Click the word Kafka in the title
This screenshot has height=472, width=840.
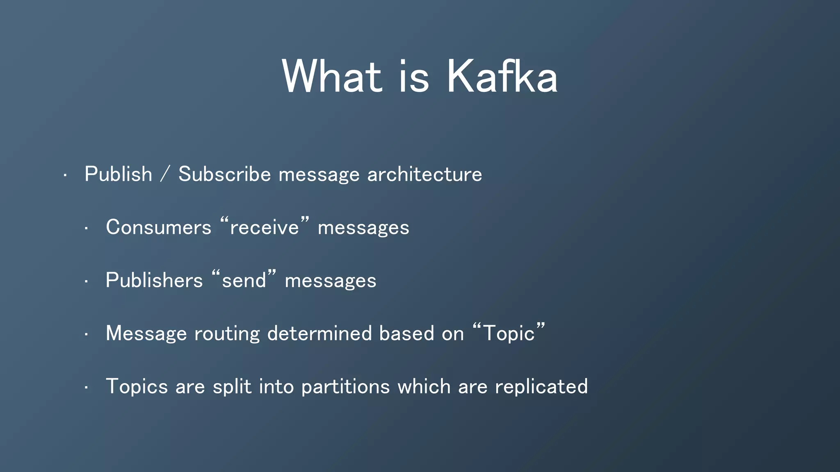pyautogui.click(x=502, y=77)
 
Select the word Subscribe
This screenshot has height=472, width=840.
pyautogui.click(x=225, y=174)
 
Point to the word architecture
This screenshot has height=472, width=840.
pyautogui.click(x=425, y=174)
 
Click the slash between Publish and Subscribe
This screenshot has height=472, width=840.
pyautogui.click(x=165, y=174)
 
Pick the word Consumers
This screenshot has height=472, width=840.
pyautogui.click(x=158, y=227)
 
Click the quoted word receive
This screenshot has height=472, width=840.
pyautogui.click(x=265, y=227)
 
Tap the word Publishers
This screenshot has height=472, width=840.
pyautogui.click(x=154, y=281)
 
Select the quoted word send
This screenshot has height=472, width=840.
pyautogui.click(x=244, y=281)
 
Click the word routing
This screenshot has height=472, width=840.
pyautogui.click(x=227, y=334)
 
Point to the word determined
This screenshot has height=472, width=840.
pyautogui.click(x=320, y=334)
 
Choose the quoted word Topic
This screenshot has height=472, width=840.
pyautogui.click(x=509, y=334)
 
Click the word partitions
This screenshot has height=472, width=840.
pyautogui.click(x=345, y=387)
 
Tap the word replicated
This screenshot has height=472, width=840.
pyautogui.click(x=541, y=387)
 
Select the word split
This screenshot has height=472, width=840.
pyautogui.click(x=232, y=387)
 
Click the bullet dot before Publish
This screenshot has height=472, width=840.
pyautogui.click(x=65, y=176)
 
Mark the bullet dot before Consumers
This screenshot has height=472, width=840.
pyautogui.click(x=86, y=229)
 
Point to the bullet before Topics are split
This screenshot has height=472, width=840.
pyautogui.click(x=86, y=388)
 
